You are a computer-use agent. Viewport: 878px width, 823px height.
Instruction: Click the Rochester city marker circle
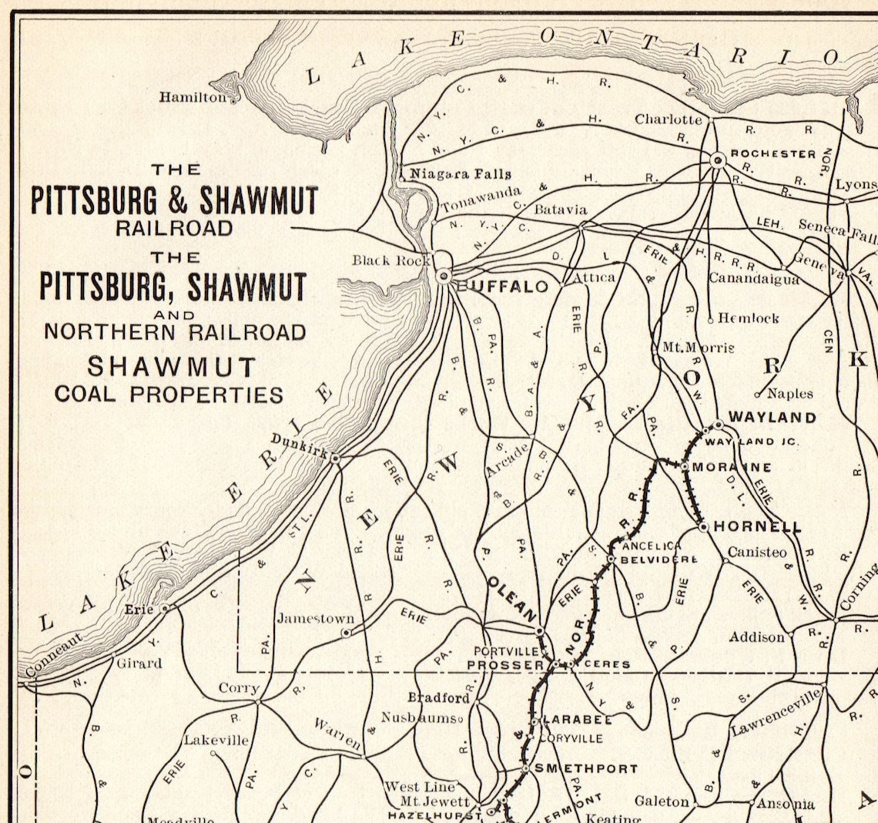(x=718, y=160)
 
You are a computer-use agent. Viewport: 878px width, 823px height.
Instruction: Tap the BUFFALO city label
(x=504, y=287)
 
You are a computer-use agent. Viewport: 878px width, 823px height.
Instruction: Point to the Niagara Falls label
(x=460, y=173)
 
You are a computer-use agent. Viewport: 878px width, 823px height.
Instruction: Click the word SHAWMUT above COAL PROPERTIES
(x=170, y=366)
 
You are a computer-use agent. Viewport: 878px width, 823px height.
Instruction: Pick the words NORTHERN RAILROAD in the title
(x=175, y=332)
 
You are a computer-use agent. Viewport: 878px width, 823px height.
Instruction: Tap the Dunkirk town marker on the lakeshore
(x=335, y=458)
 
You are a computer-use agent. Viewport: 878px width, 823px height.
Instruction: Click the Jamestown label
(x=315, y=618)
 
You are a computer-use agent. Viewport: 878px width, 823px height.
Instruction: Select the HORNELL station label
(x=757, y=527)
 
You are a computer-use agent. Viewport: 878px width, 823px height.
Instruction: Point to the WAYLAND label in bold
(x=772, y=417)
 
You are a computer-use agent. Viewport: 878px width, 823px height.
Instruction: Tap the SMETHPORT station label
(x=586, y=768)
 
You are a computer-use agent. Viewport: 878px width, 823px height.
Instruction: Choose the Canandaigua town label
(x=754, y=278)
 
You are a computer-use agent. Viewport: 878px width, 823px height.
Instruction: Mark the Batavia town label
(x=560, y=210)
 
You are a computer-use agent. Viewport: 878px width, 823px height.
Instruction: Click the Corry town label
(x=240, y=688)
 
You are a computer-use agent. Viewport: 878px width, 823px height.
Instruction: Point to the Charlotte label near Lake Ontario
(x=668, y=119)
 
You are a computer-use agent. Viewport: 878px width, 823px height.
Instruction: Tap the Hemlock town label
(x=748, y=317)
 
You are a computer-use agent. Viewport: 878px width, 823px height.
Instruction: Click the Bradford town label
(x=438, y=698)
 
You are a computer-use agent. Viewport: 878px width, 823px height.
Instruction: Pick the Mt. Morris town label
(x=698, y=348)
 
